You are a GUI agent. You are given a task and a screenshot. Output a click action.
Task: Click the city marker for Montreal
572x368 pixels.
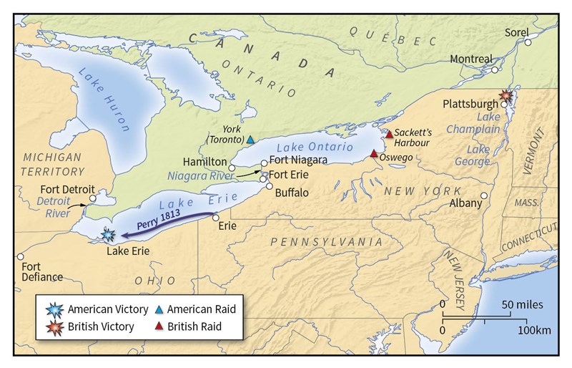(495, 69)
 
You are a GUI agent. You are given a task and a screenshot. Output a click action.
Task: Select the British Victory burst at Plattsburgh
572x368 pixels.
(507, 95)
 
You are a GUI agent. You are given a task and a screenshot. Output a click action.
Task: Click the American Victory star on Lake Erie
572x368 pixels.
(108, 234)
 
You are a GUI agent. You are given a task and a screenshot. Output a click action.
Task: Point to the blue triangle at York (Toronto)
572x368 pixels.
(250, 140)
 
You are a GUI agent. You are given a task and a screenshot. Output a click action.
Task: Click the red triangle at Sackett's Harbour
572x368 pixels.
(388, 134)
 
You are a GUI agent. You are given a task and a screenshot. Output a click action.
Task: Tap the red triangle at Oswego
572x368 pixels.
(373, 153)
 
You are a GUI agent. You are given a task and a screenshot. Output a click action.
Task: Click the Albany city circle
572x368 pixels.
(484, 195)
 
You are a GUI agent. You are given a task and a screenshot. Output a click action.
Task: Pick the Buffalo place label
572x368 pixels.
(292, 193)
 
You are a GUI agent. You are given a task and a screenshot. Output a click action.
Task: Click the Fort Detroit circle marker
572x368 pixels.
(92, 199)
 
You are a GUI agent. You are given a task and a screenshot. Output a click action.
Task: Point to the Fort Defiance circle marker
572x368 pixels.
(21, 256)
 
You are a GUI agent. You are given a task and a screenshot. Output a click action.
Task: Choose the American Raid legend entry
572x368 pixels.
(201, 309)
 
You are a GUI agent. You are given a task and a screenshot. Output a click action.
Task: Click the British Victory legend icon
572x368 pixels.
(54, 326)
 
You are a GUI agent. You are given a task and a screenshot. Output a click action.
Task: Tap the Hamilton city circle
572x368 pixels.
(232, 168)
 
